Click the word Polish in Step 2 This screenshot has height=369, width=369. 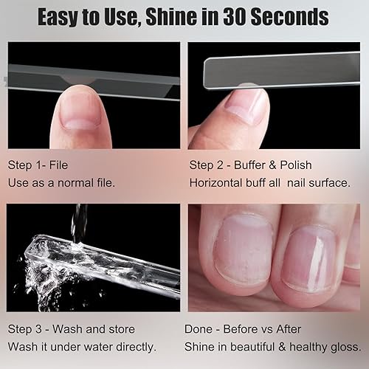tap(291, 164)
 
